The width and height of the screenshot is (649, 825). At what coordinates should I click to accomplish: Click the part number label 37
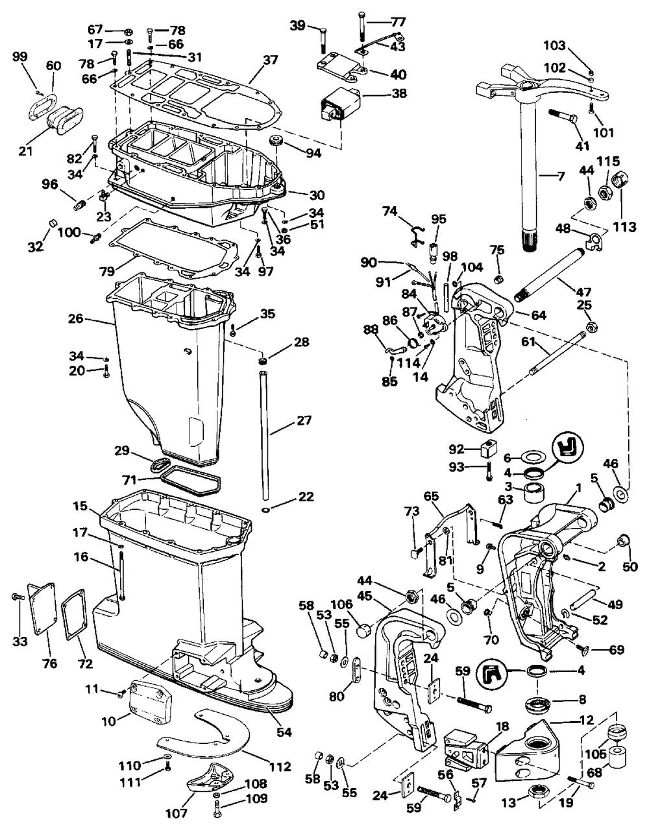pyautogui.click(x=271, y=60)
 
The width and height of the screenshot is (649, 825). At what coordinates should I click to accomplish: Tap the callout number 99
pyautogui.click(x=20, y=56)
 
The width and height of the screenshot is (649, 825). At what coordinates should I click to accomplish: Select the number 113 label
pyautogui.click(x=624, y=227)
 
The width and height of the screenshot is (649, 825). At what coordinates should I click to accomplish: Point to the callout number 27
pyautogui.click(x=304, y=420)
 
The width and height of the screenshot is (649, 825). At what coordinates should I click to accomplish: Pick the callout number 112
pyautogui.click(x=280, y=767)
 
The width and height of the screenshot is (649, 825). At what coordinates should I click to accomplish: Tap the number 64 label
pyautogui.click(x=539, y=315)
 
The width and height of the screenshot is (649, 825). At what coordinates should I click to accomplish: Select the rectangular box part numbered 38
pyautogui.click(x=341, y=104)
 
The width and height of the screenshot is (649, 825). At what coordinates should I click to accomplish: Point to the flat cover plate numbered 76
pyautogui.click(x=42, y=609)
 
